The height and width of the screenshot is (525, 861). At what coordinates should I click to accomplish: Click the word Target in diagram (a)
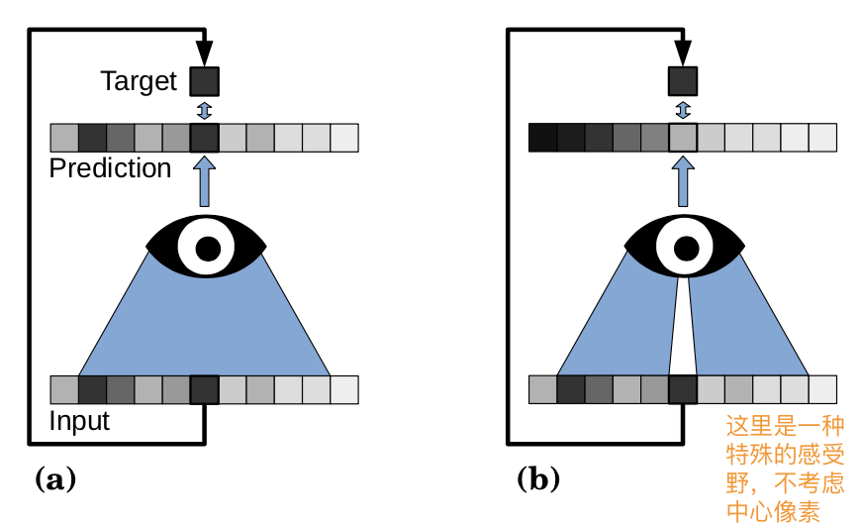pos(138,80)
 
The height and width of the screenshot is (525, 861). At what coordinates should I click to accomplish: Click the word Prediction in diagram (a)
pos(110,168)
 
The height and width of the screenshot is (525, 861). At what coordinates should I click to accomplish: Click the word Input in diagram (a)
pos(79,422)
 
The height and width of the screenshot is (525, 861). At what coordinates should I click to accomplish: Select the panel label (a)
pos(55,480)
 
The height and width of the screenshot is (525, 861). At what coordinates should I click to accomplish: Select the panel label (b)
pos(538,480)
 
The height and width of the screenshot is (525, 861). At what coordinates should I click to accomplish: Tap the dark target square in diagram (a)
pos(204,80)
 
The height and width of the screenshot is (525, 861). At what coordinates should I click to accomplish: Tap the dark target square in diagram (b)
pos(683,80)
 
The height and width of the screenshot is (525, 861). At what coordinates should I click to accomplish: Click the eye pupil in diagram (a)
pos(206,248)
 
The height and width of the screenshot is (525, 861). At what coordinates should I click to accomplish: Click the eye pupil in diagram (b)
pos(684,248)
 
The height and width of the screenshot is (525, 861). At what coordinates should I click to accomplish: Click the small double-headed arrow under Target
pos(204,109)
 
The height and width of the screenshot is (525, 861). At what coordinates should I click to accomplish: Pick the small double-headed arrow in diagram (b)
pos(683,109)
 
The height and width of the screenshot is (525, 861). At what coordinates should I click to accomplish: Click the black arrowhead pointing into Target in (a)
pos(204,51)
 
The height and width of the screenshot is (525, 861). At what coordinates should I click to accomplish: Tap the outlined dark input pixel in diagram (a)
pos(204,390)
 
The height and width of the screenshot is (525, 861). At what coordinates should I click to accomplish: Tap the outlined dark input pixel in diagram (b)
pos(683,390)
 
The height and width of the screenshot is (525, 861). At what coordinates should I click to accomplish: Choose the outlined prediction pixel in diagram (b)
pos(683,137)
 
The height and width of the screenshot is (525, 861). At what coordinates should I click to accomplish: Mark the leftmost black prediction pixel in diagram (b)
pos(542,137)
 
